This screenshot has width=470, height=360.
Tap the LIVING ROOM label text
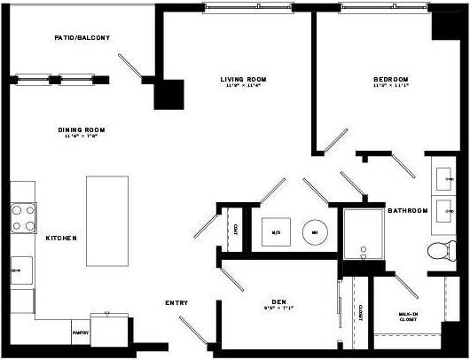pyautogui.click(x=243, y=80)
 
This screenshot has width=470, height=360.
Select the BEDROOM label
pyautogui.click(x=390, y=80)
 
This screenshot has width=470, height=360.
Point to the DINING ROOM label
pyautogui.click(x=82, y=130)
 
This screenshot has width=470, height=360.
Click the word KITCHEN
pyautogui.click(x=61, y=238)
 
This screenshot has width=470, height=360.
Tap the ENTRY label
pyautogui.click(x=176, y=303)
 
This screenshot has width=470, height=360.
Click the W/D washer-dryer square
pyautogui.click(x=276, y=233)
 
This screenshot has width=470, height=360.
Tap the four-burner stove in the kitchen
pyautogui.click(x=23, y=215)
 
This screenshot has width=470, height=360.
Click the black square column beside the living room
pyautogui.click(x=168, y=94)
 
